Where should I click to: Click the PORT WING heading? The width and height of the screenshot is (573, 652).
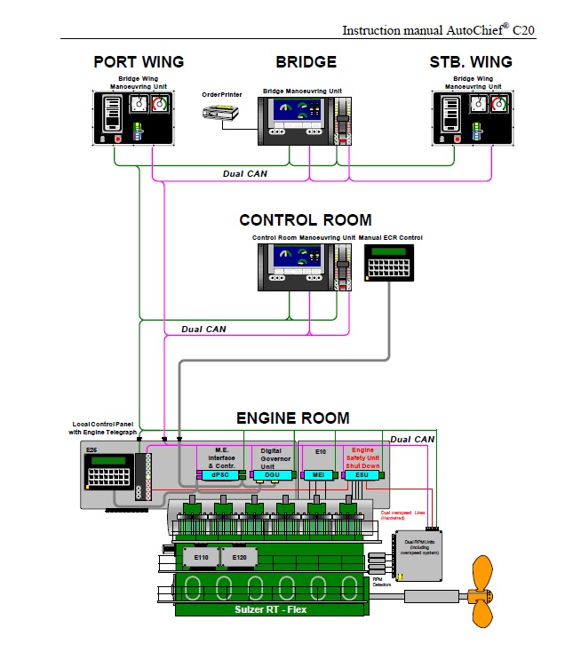click(x=139, y=62)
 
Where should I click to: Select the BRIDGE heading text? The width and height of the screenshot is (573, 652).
click(x=306, y=62)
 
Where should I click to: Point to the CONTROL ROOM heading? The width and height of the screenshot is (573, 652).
click(x=306, y=220)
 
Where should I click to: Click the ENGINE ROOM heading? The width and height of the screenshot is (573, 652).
click(x=292, y=417)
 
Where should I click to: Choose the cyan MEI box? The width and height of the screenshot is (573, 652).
click(x=318, y=475)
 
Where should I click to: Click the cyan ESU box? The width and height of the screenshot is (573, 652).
click(x=361, y=475)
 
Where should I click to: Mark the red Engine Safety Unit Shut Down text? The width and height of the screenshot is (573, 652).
click(x=363, y=457)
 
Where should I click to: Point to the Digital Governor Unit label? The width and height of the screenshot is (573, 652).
click(x=271, y=457)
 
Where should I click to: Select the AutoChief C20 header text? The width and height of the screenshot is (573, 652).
click(x=439, y=29)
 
